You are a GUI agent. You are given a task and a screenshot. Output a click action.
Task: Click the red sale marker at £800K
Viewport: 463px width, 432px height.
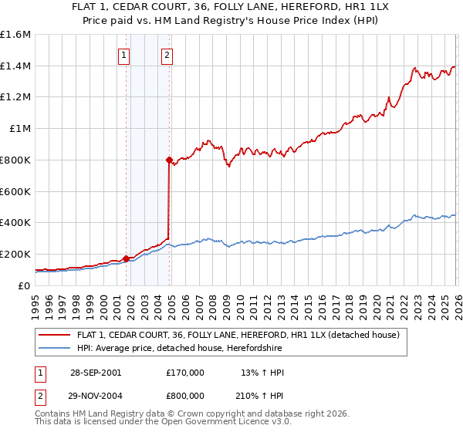coord(169,160)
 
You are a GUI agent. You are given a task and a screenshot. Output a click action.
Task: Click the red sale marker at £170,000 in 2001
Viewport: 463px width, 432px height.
coord(126,258)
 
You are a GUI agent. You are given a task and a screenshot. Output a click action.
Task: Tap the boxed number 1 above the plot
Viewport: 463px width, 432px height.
coord(124,55)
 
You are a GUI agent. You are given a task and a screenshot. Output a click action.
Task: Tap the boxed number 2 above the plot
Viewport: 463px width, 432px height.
coord(167,55)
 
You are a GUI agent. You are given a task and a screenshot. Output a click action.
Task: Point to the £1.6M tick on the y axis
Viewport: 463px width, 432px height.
coord(15,35)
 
